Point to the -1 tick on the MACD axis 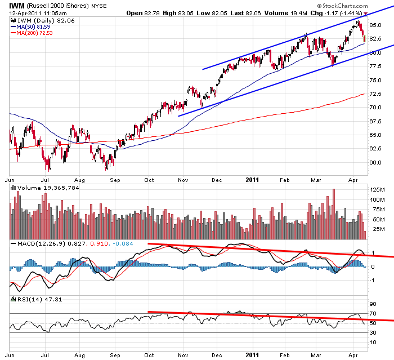coord(373,280)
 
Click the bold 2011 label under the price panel coord(252,180)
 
